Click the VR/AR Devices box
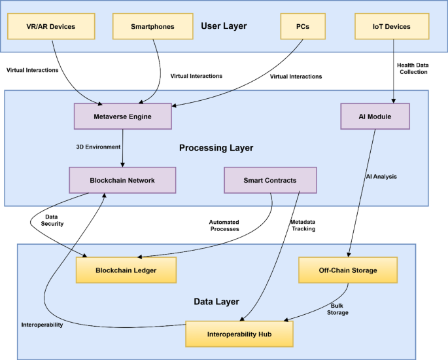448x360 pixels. coord(51,26)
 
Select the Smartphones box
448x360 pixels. coord(153,26)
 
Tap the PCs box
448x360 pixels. coord(303,26)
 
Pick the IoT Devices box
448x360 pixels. coord(392,26)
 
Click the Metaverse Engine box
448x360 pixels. coord(123,117)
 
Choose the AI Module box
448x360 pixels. coord(375,117)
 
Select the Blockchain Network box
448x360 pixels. coord(122,180)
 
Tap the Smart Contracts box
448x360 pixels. coord(270,180)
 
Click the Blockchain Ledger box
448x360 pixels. coord(126,270)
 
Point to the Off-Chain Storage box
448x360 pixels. coord(348,270)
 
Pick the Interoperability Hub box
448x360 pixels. coord(239,334)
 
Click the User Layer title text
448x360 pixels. coord(224,26)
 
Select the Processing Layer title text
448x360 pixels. coord(216,148)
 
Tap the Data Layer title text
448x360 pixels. coord(216,302)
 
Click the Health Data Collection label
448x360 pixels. coord(413,69)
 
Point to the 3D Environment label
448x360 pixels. coord(98,147)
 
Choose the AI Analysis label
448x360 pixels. coord(381,177)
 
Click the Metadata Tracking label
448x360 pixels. coord(303,225)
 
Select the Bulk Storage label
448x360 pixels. coord(337,309)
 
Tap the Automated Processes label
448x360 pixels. coord(224,226)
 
